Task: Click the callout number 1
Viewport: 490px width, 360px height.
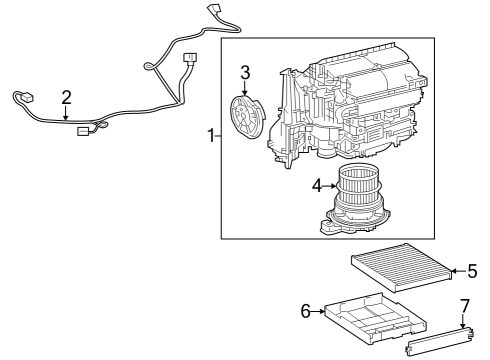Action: tap(211, 135)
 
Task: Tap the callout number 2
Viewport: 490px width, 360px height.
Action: tap(66, 97)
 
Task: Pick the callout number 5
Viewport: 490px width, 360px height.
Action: tap(472, 270)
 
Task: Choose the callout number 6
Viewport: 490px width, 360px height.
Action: tap(306, 311)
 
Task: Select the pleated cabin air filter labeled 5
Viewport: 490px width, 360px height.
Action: tap(399, 268)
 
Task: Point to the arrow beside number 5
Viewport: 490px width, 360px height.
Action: tap(455, 270)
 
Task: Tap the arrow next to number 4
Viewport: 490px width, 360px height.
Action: tap(332, 184)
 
